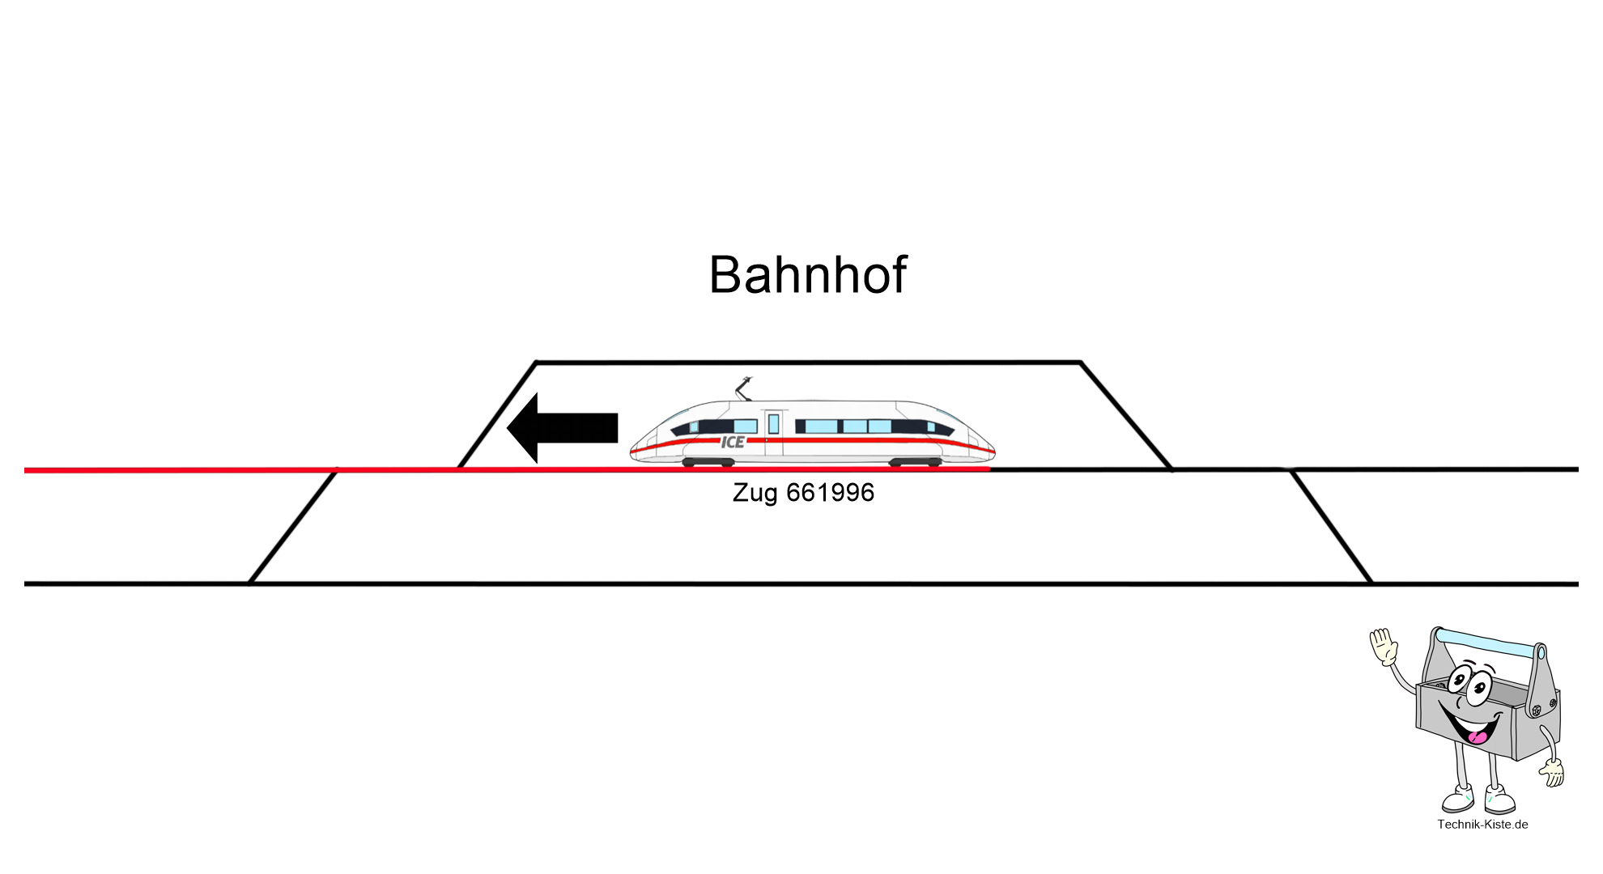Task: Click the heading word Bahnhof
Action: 807,274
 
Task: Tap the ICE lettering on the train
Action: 733,442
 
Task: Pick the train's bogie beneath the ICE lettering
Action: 708,462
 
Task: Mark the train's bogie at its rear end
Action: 916,462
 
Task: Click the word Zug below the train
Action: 755,493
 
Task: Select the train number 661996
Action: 830,492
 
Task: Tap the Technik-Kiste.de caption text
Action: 1482,824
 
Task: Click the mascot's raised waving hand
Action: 1384,647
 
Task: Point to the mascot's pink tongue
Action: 1478,737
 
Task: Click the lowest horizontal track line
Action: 810,583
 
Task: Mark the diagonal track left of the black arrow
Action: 496,416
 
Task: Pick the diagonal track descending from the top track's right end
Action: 1126,416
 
